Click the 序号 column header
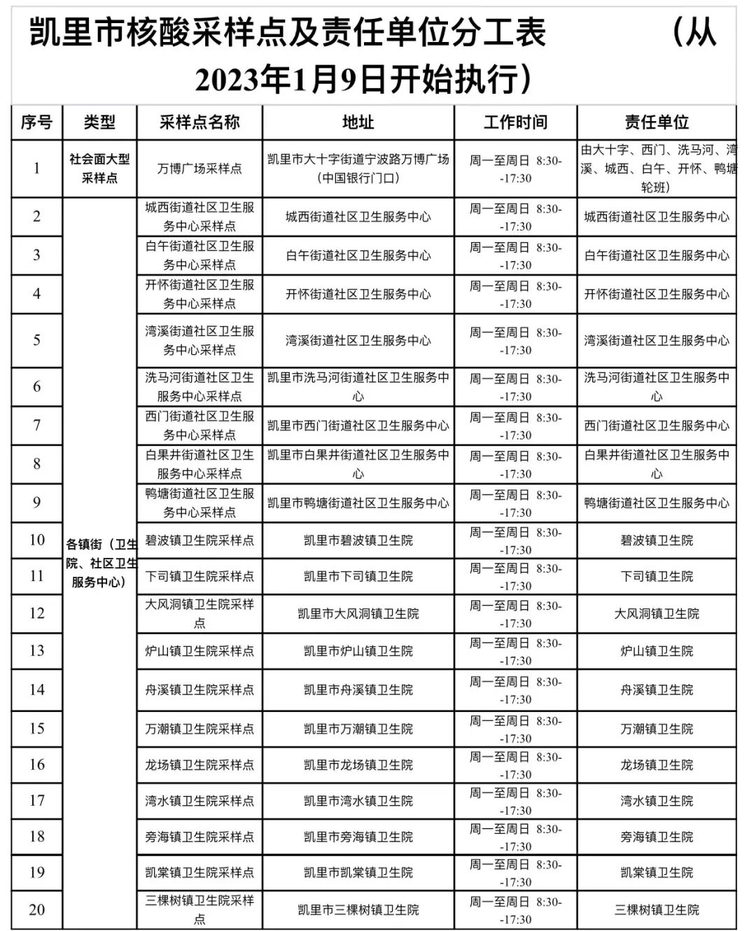click(x=36, y=122)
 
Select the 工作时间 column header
click(x=515, y=122)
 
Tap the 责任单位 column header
click(x=657, y=122)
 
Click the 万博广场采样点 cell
click(x=199, y=169)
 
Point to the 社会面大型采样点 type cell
click(x=99, y=169)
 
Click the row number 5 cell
click(x=36, y=340)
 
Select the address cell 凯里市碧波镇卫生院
click(x=358, y=540)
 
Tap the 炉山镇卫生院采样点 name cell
click(x=199, y=651)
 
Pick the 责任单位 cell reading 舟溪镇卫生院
click(x=657, y=690)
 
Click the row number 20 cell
click(x=36, y=909)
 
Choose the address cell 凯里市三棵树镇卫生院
click(x=358, y=910)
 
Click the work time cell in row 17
click(x=515, y=801)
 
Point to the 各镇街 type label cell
click(x=99, y=563)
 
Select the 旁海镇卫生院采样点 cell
click(x=199, y=837)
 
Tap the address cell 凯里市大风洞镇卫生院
click(x=358, y=614)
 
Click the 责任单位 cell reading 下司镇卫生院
click(x=657, y=576)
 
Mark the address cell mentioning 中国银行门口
click(x=358, y=169)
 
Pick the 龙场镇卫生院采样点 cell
click(x=199, y=765)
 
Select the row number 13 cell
click(x=36, y=651)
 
